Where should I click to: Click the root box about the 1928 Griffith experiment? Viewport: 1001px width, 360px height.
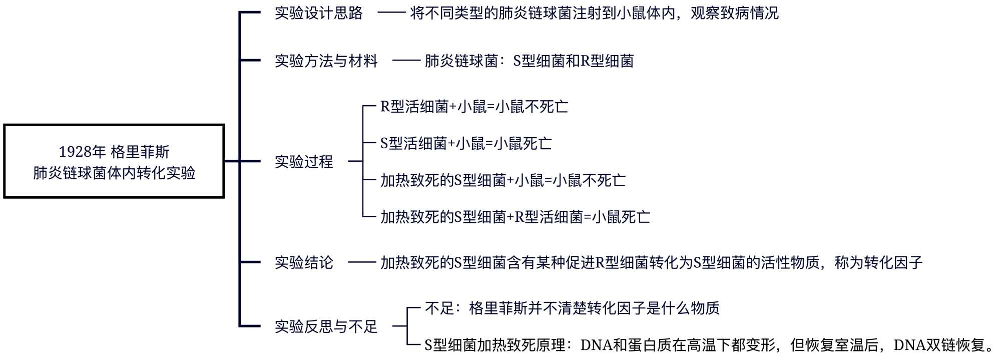coord(114,161)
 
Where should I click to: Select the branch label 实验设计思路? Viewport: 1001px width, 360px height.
coord(318,13)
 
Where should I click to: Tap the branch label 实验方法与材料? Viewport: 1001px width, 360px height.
coord(326,61)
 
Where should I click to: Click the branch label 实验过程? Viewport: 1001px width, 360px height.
coord(304,162)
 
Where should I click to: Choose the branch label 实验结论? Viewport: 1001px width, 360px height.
coord(304,262)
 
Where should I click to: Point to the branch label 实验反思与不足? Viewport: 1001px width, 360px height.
coord(326,327)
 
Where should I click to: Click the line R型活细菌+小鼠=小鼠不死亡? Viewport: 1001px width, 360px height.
coord(474,107)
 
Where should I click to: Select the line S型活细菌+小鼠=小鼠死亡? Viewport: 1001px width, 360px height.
coord(466,144)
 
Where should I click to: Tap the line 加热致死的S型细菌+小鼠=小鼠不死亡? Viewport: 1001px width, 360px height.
coord(503,180)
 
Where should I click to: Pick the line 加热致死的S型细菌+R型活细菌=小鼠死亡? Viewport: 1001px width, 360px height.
coord(515,217)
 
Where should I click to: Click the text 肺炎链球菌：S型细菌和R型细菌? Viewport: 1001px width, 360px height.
coord(529,61)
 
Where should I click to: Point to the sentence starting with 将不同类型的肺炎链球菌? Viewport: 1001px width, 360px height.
coord(594,13)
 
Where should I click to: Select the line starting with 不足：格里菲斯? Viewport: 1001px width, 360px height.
coord(572,308)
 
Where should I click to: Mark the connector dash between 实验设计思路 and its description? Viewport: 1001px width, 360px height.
coord(391,13)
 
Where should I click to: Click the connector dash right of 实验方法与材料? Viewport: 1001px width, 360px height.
coord(406,61)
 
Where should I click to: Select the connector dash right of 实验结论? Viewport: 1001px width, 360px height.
coord(362,262)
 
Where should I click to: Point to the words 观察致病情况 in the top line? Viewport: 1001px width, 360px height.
coord(735,13)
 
